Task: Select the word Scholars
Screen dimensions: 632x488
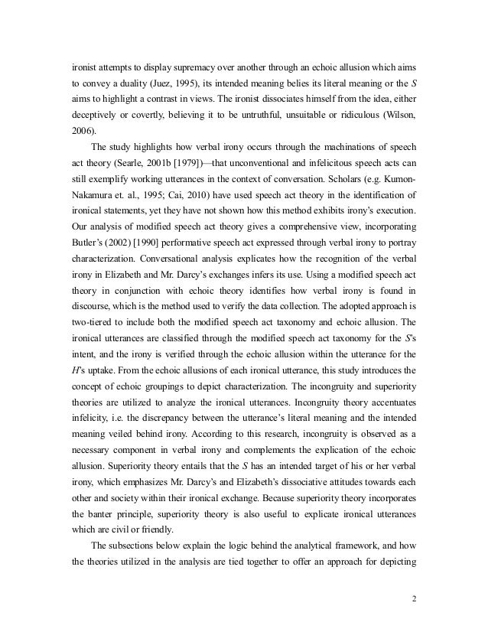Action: (338, 180)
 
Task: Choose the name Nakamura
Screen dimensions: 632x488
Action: (90, 196)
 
